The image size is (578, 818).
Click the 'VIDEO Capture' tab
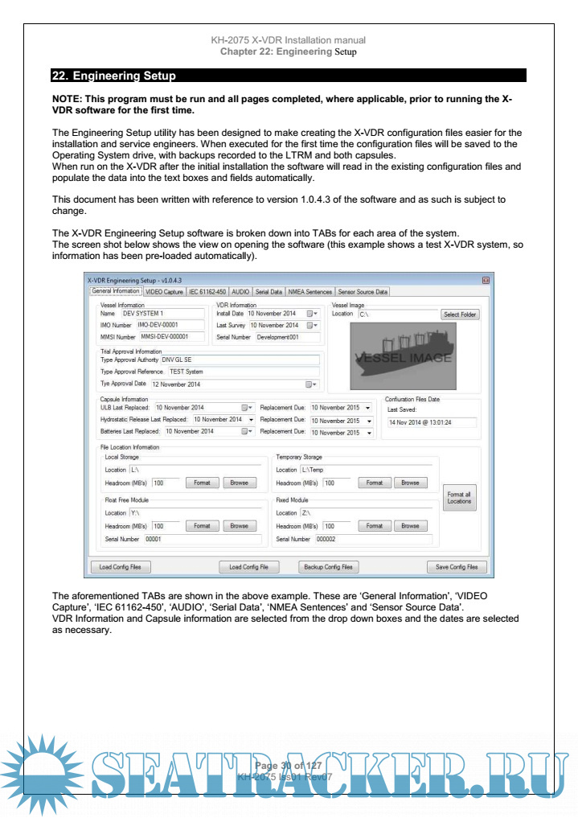(164, 292)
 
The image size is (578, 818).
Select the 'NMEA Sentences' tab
(309, 292)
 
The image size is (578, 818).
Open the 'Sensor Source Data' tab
(363, 292)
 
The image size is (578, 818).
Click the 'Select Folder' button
(460, 314)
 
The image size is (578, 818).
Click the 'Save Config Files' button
(457, 566)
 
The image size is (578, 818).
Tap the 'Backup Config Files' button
(328, 566)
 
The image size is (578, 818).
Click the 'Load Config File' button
(248, 566)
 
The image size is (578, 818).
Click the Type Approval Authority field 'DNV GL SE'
(240, 360)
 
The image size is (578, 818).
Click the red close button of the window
(486, 280)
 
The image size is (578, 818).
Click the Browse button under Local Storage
(239, 483)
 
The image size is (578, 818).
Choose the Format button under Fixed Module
(374, 526)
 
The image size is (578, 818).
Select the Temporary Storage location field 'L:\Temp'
(365, 470)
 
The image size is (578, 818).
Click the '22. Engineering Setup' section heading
(113, 76)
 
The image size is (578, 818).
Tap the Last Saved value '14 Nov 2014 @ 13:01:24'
(431, 421)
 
